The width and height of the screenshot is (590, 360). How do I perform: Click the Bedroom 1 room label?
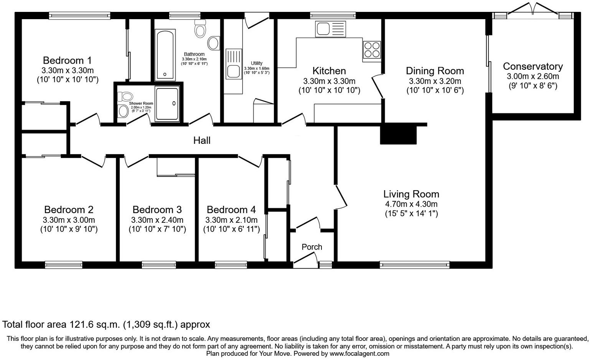(67, 61)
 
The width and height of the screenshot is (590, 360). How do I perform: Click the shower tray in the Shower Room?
(167, 104)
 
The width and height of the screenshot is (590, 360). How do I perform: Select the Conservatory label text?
(532, 66)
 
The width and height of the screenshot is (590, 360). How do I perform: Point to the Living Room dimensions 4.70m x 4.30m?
(411, 204)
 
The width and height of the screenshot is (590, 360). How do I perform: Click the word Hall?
(202, 141)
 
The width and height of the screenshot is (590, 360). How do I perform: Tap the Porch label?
(311, 247)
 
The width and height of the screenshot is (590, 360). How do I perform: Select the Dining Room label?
(435, 71)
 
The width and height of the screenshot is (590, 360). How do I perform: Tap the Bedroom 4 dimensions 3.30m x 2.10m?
(231, 220)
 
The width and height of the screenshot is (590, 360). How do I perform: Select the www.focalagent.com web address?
(359, 353)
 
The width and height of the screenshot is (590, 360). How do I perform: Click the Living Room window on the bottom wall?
(414, 264)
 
